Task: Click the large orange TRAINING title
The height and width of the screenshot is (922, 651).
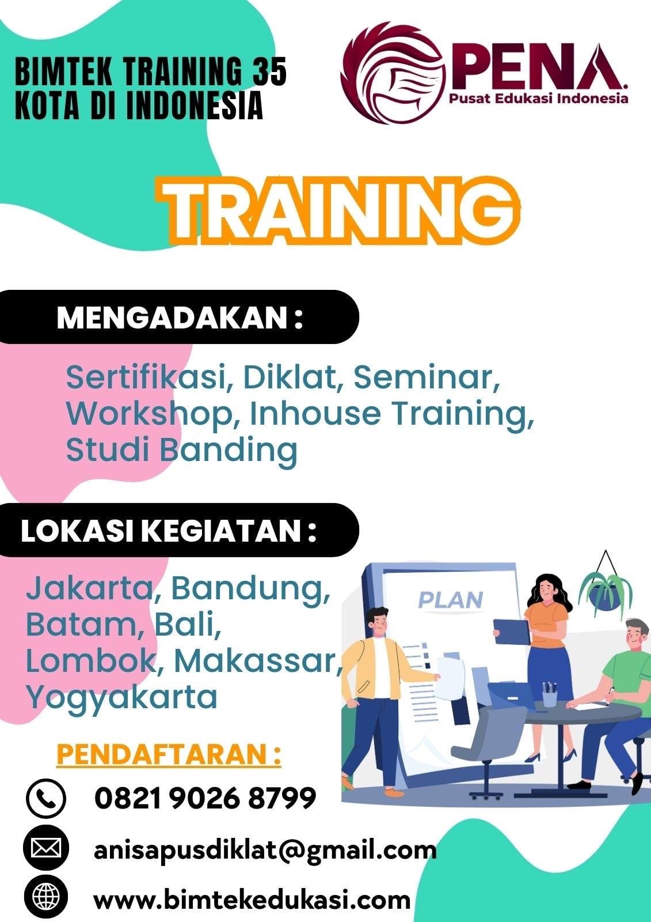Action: (341, 211)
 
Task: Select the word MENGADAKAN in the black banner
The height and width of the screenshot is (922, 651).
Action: (172, 317)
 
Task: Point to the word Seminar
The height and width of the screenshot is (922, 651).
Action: (427, 377)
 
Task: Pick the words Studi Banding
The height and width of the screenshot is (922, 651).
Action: (181, 449)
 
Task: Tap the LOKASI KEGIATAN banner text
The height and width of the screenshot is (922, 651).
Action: (169, 531)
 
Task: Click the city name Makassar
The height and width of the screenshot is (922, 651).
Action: (257, 661)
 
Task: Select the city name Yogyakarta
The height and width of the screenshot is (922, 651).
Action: (121, 698)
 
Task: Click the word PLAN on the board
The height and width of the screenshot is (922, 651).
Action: (450, 600)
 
